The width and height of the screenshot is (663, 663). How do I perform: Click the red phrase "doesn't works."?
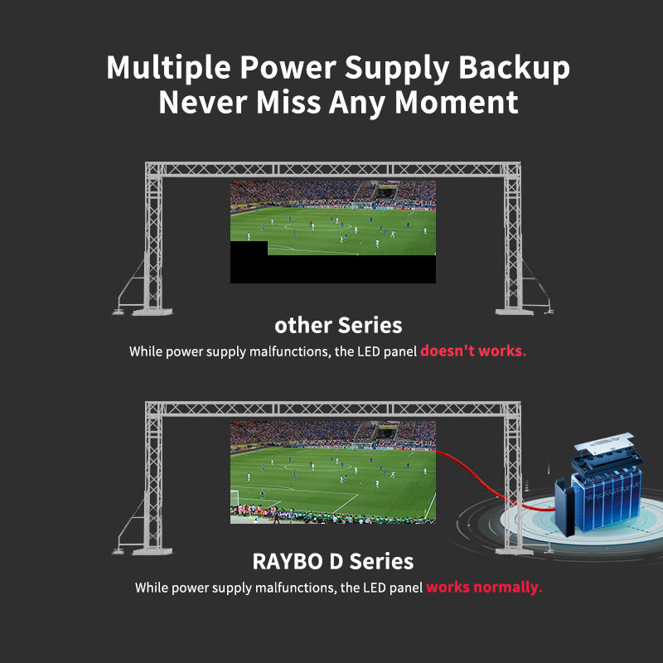pos(472,351)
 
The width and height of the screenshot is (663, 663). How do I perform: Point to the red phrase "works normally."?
pos(484,588)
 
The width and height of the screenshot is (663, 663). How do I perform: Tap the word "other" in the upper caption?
pos(302,324)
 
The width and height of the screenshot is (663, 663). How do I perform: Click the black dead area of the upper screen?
pos(348,269)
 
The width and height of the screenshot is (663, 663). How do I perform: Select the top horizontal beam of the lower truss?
pos(331,410)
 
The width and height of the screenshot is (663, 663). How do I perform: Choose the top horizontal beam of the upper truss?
pos(331,170)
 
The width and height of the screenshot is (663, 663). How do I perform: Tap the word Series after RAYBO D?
pos(380,561)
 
